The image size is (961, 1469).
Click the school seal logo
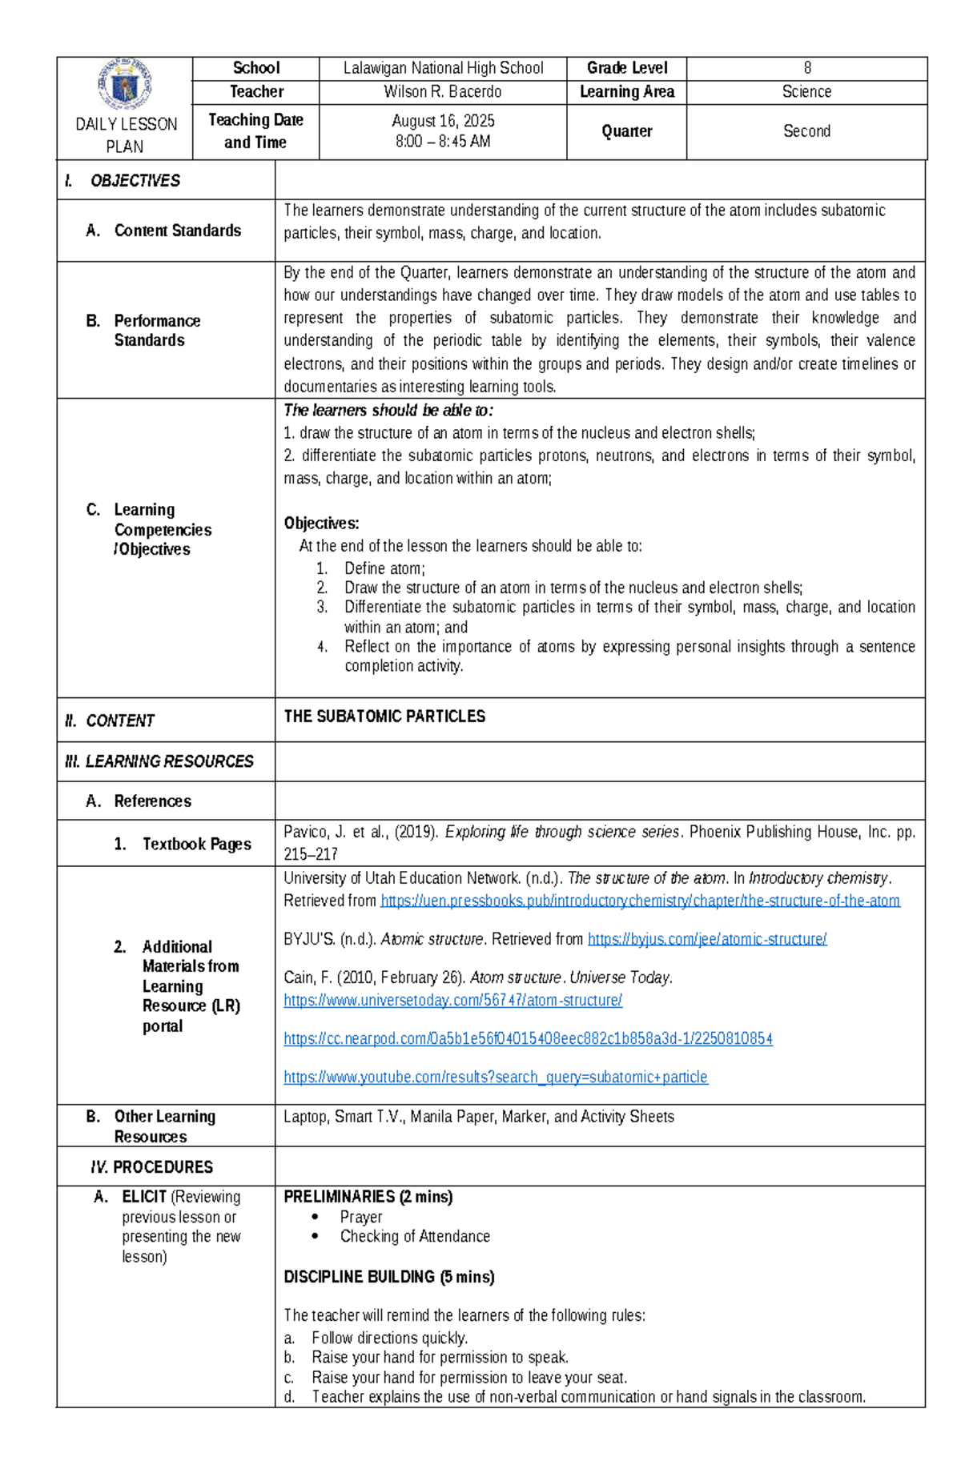pos(125,84)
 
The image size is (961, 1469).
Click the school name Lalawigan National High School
pos(443,68)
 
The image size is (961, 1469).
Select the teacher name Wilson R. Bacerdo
pos(443,92)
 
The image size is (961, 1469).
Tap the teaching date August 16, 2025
pos(443,121)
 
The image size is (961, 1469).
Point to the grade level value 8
pos(807,68)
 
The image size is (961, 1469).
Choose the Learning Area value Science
pos(806,92)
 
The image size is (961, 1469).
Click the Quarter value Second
pos(806,131)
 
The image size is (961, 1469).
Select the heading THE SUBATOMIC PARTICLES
pos(384,716)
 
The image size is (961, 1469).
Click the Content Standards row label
pos(177,231)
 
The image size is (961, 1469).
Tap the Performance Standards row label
pos(157,331)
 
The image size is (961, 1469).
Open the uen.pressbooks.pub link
pos(640,901)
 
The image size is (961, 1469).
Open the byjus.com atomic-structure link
pos(707,939)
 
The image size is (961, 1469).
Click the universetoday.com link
pos(452,1001)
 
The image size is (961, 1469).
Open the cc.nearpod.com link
pos(528,1039)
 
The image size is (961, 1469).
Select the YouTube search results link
pos(495,1078)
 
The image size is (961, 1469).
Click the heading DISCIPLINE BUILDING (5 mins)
pos(389,1277)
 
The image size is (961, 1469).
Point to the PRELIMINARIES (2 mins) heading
pos(368,1197)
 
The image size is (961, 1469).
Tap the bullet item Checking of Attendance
pos(415,1237)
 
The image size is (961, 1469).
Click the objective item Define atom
pos(384,568)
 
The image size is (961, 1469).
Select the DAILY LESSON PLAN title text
pos(126,135)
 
